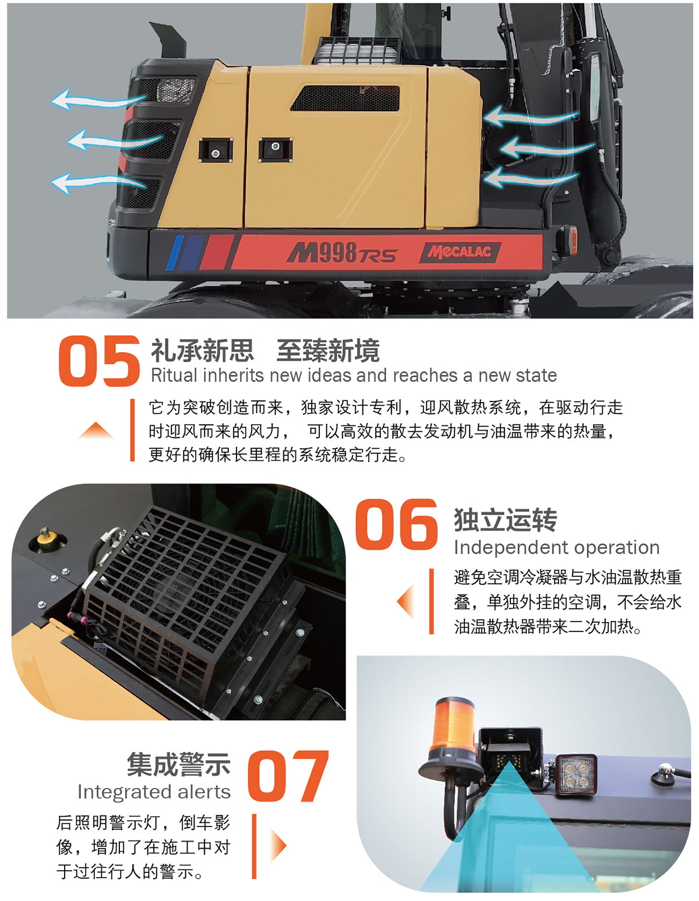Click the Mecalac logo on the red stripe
(460, 252)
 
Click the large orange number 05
(99, 361)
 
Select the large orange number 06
(397, 524)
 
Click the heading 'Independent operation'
(557, 548)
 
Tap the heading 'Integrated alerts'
(154, 792)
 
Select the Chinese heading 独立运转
(505, 520)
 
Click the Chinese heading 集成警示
(179, 764)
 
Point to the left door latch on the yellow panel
(216, 150)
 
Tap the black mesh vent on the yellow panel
(346, 98)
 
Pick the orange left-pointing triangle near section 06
(405, 601)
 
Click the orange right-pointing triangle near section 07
(278, 845)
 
